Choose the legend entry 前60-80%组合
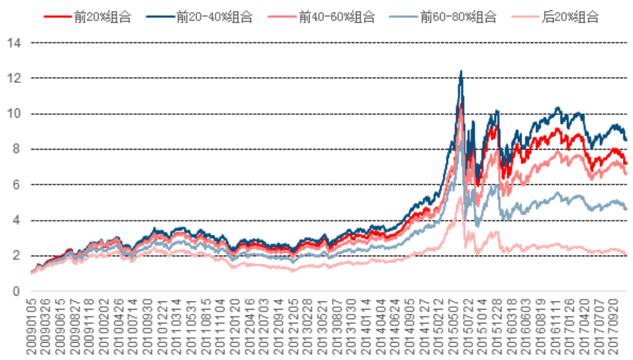pos(459,17)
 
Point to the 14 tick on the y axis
pos(14,43)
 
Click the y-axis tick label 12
pos(14,78)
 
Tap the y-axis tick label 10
pos(14,114)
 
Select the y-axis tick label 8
pos(17,149)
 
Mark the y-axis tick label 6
pos(17,185)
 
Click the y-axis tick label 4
pos(17,220)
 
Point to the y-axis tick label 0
pos(17,292)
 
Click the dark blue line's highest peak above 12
pos(461,71)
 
